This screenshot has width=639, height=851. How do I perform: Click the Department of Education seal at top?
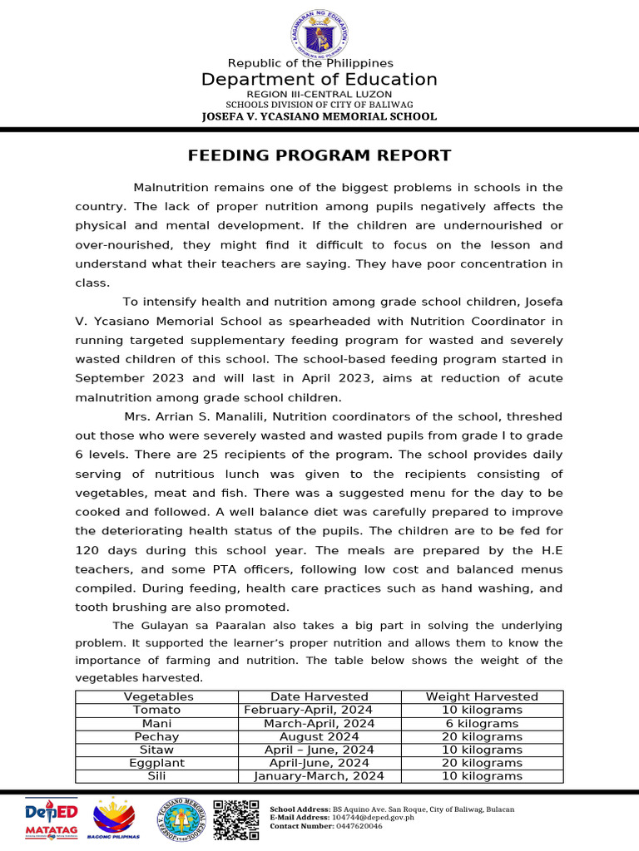click(x=319, y=34)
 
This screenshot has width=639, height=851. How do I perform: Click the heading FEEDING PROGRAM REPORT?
click(x=319, y=155)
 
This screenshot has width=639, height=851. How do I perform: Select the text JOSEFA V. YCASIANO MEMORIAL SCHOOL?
click(x=319, y=116)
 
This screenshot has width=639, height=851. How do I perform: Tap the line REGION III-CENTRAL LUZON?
click(x=319, y=95)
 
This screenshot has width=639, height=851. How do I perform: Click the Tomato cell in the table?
click(x=157, y=710)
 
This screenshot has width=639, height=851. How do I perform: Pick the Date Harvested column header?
click(x=319, y=696)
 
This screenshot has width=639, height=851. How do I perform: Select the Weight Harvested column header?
click(x=482, y=696)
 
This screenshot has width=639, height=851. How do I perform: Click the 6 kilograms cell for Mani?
click(x=482, y=723)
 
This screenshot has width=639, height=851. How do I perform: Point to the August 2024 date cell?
click(x=319, y=736)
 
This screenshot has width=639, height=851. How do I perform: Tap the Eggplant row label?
click(x=157, y=763)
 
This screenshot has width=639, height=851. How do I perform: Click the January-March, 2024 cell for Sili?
click(x=319, y=776)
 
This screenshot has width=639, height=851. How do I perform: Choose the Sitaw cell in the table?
click(x=157, y=750)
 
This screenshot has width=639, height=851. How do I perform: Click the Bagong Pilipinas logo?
click(x=116, y=819)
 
